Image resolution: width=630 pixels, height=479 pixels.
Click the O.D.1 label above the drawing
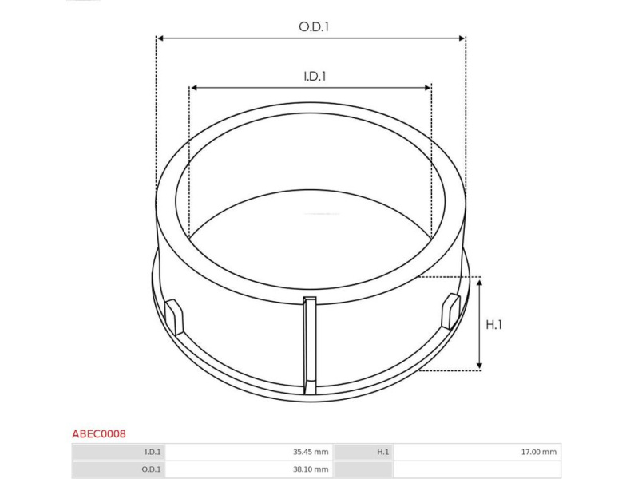coord(314,26)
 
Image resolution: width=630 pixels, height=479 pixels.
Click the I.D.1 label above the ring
coord(315,76)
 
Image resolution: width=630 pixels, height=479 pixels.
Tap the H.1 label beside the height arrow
coord(493,324)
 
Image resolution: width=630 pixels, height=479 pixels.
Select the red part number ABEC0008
coord(99,434)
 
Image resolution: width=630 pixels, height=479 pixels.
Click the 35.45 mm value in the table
coord(311,452)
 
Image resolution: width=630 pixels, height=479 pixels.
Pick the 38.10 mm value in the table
coord(311,469)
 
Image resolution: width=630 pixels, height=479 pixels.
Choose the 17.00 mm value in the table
coord(539,452)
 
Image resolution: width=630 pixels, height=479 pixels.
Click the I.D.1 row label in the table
coord(153,452)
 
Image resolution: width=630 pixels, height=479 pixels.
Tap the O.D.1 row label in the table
coord(152,469)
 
